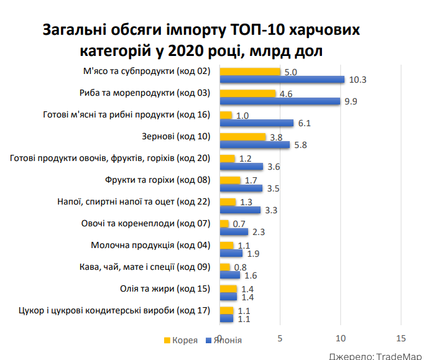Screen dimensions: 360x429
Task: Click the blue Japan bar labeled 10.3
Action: (282, 80)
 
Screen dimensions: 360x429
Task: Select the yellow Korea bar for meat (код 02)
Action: (250, 72)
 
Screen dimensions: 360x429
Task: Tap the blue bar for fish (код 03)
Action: (280, 101)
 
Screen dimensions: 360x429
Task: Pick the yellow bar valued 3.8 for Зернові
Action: (243, 137)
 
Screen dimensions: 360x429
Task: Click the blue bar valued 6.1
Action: (257, 123)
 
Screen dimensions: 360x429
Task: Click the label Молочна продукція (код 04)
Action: (151, 245)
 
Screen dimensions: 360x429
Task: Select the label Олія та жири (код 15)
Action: (165, 288)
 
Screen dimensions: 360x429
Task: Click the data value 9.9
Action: (350, 102)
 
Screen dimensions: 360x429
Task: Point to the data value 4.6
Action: (286, 94)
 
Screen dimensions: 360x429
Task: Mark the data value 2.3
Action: (258, 233)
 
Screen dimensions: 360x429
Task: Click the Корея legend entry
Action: (181, 340)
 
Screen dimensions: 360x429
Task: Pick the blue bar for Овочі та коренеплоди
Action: (234, 232)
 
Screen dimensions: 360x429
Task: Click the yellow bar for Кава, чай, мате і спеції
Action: (225, 267)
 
